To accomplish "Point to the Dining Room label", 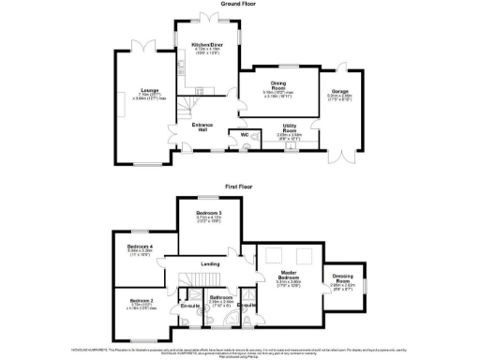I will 278,84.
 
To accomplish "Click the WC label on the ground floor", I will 244,135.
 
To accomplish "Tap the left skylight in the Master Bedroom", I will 274,256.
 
